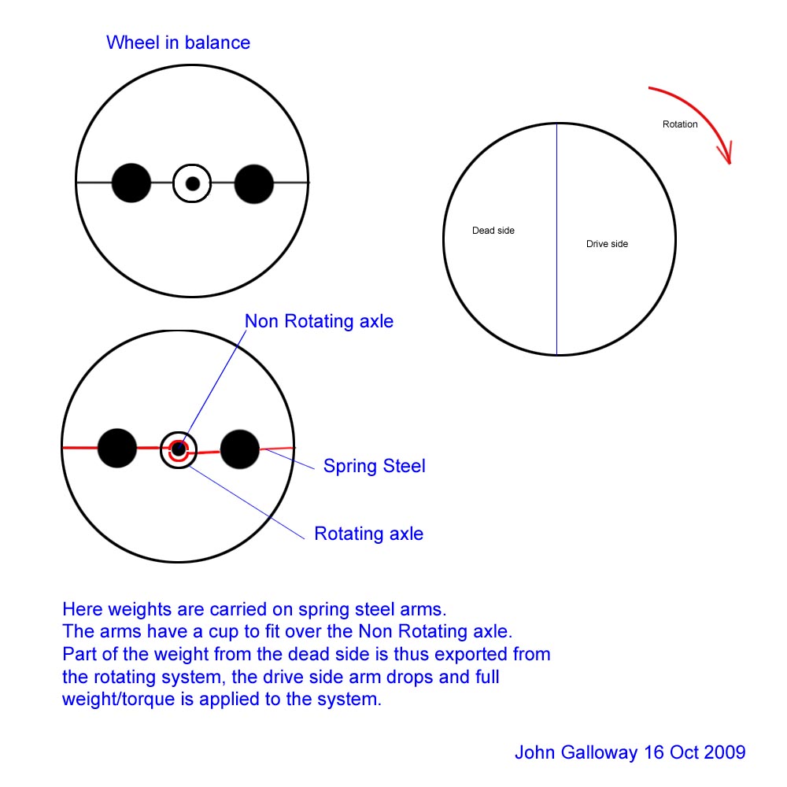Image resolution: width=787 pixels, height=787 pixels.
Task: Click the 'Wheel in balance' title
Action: pos(178,42)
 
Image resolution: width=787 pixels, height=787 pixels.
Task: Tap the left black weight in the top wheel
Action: pos(131,183)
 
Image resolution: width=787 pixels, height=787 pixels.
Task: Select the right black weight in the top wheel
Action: pos(254,183)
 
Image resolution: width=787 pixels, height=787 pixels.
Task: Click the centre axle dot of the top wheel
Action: pos(193,183)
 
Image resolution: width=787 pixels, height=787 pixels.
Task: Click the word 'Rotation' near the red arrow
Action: pos(680,124)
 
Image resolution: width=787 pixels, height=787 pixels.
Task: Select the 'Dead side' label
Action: pos(493,231)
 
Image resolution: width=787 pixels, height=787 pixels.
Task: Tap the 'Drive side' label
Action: pos(608,244)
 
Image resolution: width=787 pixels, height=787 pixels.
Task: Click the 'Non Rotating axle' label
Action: pos(319,321)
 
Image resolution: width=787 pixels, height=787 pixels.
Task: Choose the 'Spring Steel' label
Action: pos(375,466)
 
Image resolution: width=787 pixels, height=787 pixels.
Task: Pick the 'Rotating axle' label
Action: pos(369,534)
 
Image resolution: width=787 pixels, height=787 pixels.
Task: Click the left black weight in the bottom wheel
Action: pos(117,449)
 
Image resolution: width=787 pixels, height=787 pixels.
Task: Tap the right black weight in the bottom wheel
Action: pos(240,449)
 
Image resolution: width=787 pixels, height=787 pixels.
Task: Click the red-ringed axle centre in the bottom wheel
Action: pos(178,449)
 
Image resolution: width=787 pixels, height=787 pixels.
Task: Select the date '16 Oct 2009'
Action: pos(695,752)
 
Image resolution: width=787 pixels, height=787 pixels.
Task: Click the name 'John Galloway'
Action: pos(576,752)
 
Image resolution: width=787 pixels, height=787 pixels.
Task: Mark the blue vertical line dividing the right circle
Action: pos(556,239)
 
